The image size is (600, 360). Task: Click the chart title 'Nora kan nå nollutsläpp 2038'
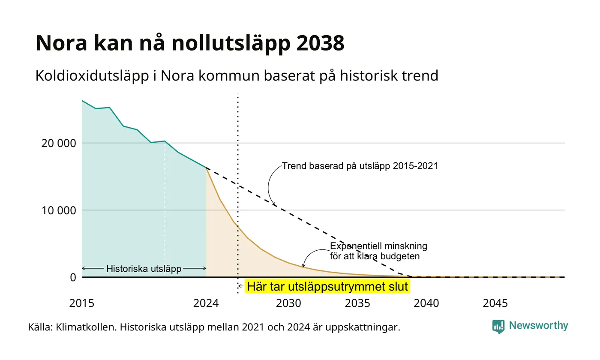[189, 43]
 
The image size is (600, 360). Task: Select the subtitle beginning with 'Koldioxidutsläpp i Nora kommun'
[237, 76]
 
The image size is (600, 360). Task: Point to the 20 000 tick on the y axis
[59, 143]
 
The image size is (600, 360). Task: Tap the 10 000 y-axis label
[59, 210]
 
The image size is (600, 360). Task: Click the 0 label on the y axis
[73, 278]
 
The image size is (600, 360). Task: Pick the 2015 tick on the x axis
[82, 303]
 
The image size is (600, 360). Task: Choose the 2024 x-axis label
[206, 303]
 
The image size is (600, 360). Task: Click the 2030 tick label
[289, 303]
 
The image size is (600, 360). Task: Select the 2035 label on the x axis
[357, 303]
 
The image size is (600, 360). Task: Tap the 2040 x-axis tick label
[426, 303]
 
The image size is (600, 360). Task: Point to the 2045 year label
[495, 303]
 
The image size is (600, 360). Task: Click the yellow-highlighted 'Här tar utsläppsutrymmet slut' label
[327, 287]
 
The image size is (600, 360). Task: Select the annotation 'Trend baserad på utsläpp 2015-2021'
[360, 166]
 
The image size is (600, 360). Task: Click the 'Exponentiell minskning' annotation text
[378, 246]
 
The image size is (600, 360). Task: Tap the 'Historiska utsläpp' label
[144, 269]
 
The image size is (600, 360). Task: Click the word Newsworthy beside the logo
[538, 326]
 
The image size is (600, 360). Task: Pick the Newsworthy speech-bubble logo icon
[498, 327]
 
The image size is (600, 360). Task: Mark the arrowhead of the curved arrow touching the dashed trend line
[275, 204]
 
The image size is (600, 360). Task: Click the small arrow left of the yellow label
[241, 286]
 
